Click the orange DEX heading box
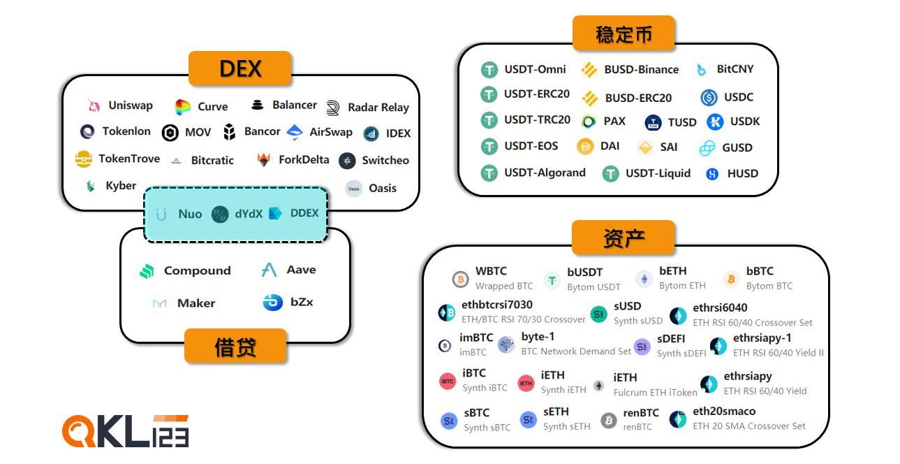239,68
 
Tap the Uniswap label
131,106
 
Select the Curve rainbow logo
183,107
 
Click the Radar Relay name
378,107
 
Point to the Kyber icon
90,186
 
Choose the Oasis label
382,188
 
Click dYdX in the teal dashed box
249,214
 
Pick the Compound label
197,270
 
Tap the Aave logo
269,270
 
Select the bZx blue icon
272,303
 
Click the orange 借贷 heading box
235,346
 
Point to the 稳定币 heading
624,34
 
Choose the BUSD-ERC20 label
638,98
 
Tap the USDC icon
709,98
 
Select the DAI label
610,147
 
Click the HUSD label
742,173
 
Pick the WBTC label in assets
491,271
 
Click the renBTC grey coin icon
609,420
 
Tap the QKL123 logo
126,431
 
